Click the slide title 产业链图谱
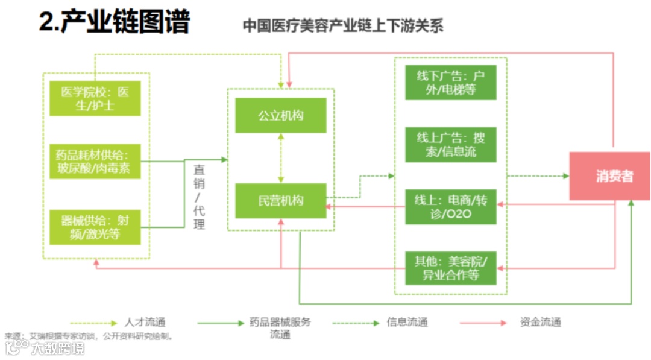coord(115,23)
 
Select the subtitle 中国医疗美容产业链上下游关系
coord(343,26)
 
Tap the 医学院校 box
coord(95,98)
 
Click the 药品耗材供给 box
coord(95,161)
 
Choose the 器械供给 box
coord(95,227)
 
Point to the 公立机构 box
coord(281,115)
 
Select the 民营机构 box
coord(281,201)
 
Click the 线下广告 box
coord(451,83)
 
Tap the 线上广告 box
coord(451,145)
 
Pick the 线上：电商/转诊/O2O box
coord(451,207)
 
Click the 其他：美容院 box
coord(451,268)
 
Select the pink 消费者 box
coord(610,176)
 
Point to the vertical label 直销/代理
coord(199,196)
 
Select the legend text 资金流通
coord(540,322)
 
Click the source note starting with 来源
coord(90,336)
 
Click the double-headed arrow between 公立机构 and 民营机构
coord(281,158)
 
